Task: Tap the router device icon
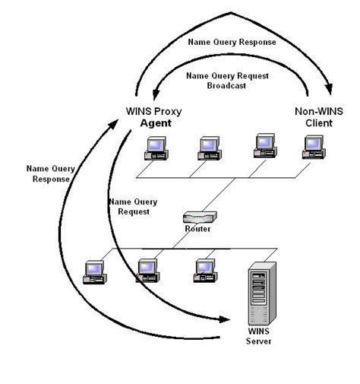pos(200,217)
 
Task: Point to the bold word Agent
pos(155,122)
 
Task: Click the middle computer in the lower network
pos(147,270)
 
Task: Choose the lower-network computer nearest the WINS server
pos(204,270)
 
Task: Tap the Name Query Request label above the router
pos(133,208)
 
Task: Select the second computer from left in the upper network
pos(208,147)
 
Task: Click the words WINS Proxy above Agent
pos(153,111)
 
